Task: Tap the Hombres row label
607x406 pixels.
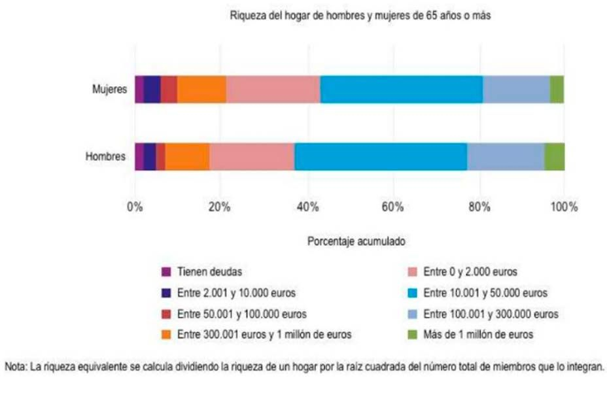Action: (106, 156)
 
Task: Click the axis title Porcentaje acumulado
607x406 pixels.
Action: (356, 241)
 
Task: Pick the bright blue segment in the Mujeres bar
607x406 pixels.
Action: (402, 89)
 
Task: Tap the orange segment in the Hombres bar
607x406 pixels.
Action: (187, 156)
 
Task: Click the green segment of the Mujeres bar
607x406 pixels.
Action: (557, 89)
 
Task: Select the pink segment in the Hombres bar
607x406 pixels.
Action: (252, 156)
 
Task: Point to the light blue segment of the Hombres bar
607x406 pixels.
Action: (506, 156)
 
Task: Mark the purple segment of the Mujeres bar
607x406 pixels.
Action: (139, 89)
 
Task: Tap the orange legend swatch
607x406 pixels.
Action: (166, 334)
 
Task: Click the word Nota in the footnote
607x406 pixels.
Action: (16, 366)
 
